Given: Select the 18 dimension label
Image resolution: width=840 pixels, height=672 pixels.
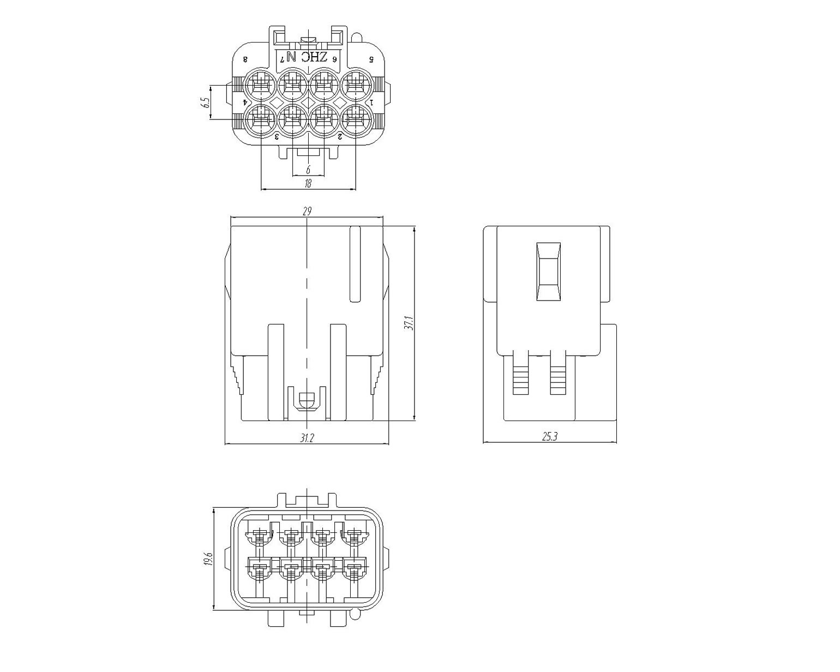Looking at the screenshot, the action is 308,183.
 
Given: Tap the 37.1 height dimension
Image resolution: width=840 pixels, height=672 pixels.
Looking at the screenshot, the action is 408,323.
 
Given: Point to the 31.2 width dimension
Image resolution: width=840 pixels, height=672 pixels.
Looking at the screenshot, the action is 307,438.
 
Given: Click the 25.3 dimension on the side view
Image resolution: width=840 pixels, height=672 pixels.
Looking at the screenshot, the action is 550,436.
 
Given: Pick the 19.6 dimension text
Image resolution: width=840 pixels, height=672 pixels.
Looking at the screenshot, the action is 208,559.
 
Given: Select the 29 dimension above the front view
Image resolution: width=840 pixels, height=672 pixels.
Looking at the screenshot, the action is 307,211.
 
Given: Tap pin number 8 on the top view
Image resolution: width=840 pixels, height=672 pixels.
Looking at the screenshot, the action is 245,60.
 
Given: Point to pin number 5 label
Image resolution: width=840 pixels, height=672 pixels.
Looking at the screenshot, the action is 371,59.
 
